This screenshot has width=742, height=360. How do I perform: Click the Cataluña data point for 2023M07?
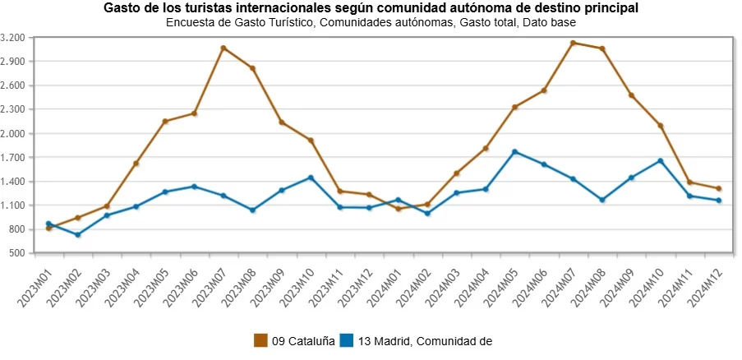(224, 48)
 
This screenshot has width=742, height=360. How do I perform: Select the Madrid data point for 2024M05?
(514, 152)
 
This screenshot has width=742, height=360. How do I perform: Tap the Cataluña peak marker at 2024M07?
(573, 43)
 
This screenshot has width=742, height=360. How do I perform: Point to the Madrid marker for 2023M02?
(78, 235)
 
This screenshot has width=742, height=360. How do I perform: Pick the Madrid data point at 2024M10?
(661, 160)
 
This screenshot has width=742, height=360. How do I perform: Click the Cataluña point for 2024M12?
(719, 188)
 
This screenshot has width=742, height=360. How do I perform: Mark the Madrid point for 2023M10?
(311, 178)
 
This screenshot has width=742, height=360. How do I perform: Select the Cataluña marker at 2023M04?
(136, 164)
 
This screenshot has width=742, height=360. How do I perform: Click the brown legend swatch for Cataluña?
(261, 340)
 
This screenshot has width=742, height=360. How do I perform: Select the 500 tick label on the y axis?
(18, 253)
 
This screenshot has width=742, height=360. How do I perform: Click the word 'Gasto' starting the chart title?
(122, 8)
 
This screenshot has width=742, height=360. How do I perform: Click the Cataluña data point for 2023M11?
(339, 192)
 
